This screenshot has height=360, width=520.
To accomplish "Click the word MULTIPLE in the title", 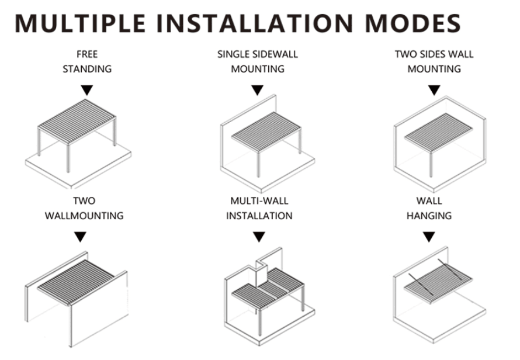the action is point(80,23).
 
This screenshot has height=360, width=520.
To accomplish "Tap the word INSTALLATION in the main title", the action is point(255,23).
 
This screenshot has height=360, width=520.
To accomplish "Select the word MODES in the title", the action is point(412,23).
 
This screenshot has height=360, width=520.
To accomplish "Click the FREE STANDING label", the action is point(87,61).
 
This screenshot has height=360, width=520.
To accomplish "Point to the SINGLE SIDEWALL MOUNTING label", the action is point(258,61).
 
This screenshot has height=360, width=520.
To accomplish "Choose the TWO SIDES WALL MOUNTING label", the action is point(434,61).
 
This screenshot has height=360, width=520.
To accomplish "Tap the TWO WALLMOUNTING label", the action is point(84,209).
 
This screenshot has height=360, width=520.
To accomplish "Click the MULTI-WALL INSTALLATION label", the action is point(259,209).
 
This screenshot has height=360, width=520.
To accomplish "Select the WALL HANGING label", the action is point(429,209).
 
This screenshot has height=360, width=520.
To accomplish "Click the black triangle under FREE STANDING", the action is point(87,89).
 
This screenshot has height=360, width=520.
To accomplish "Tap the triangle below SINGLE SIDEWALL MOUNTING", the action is point(257,89).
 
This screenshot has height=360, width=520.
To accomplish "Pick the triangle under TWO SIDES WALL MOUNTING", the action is point(434,89).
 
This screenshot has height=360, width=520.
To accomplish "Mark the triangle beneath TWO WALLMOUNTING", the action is point(80,237).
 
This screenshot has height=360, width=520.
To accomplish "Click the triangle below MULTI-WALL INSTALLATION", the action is point(259,237).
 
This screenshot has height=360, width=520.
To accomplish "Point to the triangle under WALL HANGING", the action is point(429,237).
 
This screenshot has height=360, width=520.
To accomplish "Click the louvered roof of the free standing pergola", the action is point(77,122).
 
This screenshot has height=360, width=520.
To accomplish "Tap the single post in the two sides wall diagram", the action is point(431,164).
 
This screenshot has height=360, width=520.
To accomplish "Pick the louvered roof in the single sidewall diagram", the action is point(266,131).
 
